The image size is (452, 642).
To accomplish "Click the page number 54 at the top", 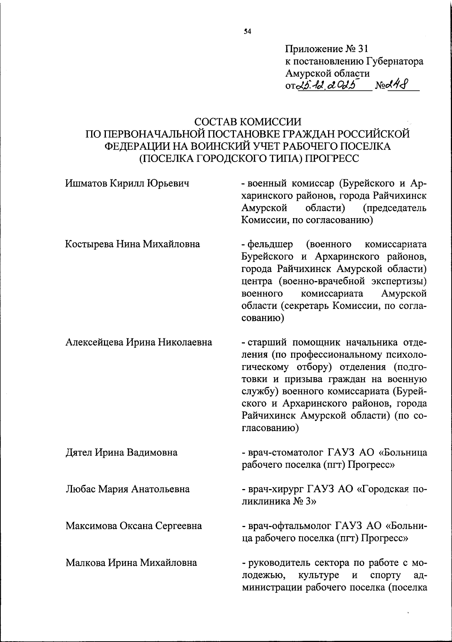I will (247, 32).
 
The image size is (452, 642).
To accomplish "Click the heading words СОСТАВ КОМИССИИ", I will (247, 122).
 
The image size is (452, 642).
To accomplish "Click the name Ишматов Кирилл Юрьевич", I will (127, 183).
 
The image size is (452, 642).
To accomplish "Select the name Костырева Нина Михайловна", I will (132, 244).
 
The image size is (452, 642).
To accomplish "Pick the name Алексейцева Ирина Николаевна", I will (139, 342).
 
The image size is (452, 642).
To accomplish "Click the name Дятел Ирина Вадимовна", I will (121, 452).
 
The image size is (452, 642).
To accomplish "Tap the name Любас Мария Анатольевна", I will (127, 489).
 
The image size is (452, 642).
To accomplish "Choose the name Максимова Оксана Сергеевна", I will (133, 526).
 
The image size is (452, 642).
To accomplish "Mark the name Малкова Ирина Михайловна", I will (131, 563).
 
